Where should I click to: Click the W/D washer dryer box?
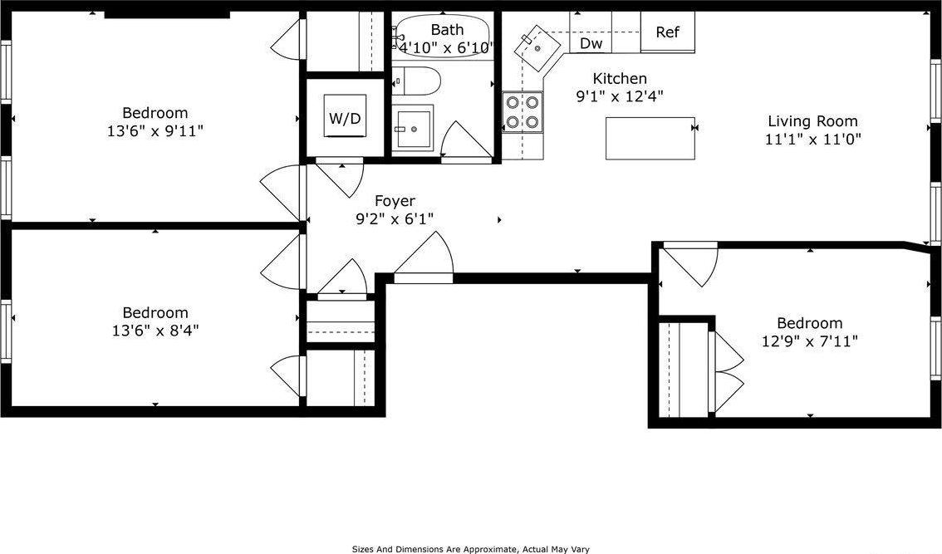pos(345,117)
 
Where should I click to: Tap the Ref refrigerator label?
pos(667,32)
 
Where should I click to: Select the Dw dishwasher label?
pos(591,43)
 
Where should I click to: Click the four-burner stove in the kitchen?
pos(523,112)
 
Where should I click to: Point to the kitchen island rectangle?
pos(650,138)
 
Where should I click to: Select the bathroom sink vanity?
pos(412,129)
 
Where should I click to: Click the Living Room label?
pos(812,121)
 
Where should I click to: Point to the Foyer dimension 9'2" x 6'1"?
pos(395,218)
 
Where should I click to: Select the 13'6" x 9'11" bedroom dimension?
pos(155,130)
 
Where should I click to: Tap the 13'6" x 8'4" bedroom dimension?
pos(155,330)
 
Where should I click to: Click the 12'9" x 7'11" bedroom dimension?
pos(809,341)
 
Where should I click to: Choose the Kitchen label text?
pos(619,79)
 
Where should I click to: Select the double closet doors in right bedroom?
pos(726,370)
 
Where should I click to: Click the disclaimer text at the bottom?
pos(470,549)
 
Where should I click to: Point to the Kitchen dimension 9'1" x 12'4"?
pos(619,96)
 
